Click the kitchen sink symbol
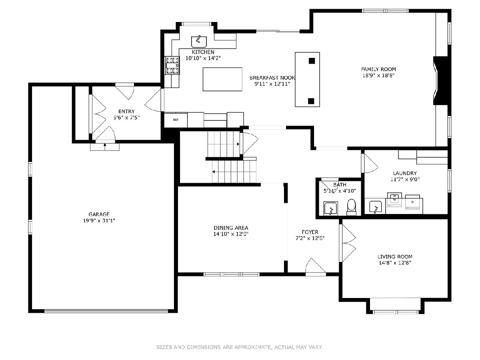pos(199,42)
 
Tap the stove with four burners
pos(172,65)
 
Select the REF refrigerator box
pos(176,120)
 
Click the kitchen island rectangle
pos(222,79)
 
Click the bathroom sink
pos(331,208)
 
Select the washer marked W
pos(394,200)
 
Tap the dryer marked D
pos(412,202)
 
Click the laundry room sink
pos(376,207)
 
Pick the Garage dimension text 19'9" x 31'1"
pos(99,220)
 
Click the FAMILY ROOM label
pos(378,69)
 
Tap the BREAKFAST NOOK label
pos(272,78)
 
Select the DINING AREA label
pos(231,228)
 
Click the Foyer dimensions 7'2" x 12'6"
pos(310,238)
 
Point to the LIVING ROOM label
pos(395,256)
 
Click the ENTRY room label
pos(126,111)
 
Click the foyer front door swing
pos(316,266)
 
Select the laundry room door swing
pos(370,163)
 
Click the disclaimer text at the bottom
pos(240,347)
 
